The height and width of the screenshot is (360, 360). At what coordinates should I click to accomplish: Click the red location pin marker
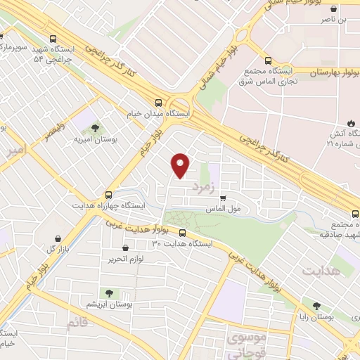click(x=181, y=165)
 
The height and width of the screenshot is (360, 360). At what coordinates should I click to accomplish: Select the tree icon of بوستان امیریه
click(x=94, y=127)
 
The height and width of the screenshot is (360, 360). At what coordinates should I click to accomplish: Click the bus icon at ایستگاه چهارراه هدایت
click(x=108, y=195)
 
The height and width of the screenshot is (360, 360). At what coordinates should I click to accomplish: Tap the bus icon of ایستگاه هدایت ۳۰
click(x=183, y=233)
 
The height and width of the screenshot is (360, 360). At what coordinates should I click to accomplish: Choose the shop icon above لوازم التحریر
click(x=125, y=247)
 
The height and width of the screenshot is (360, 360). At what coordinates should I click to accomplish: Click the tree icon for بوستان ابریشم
click(x=108, y=292)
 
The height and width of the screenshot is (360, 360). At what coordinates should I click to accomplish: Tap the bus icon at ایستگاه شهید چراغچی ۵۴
click(x=53, y=39)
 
